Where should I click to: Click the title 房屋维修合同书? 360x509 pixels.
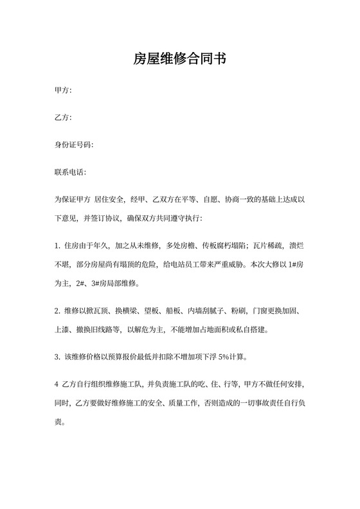[x=180, y=59]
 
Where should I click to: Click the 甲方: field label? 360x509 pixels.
[x=63, y=91]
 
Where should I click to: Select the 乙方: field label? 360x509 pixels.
[x=63, y=118]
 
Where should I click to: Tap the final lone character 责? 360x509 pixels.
[x=58, y=423]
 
